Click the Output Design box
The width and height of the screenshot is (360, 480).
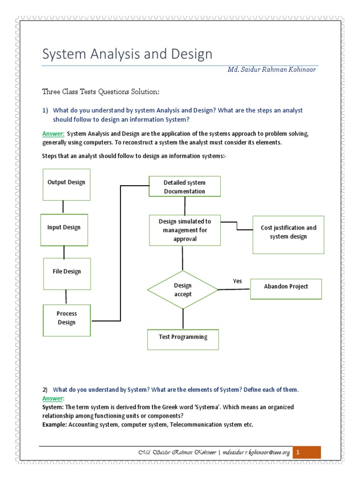(66, 182)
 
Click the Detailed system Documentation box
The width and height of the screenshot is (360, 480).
(184, 187)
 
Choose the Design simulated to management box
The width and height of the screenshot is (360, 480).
(185, 230)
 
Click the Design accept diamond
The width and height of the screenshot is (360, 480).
(183, 290)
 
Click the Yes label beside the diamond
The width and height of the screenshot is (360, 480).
(238, 281)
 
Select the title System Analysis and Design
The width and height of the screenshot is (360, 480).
(127, 54)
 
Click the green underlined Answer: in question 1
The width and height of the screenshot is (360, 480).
(53, 134)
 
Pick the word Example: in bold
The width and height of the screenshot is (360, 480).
(55, 425)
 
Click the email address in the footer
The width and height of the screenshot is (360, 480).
(256, 452)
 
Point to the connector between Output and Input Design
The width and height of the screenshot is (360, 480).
(63, 206)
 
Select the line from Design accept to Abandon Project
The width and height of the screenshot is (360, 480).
(234, 289)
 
